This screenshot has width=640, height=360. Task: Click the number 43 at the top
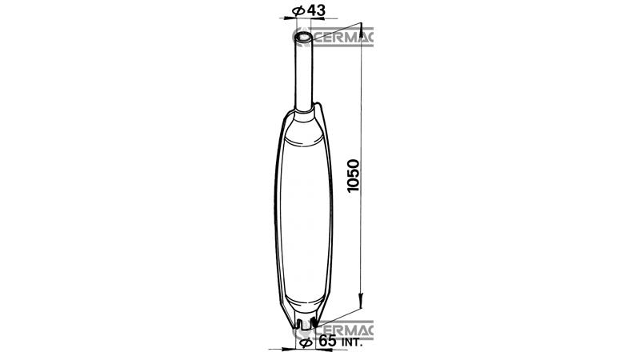tap(307, 10)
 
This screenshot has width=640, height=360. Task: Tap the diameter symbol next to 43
tap(294, 10)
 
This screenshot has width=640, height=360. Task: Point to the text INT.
tap(352, 342)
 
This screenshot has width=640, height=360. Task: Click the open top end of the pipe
tap(303, 37)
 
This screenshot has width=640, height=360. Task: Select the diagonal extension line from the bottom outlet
tap(340, 315)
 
